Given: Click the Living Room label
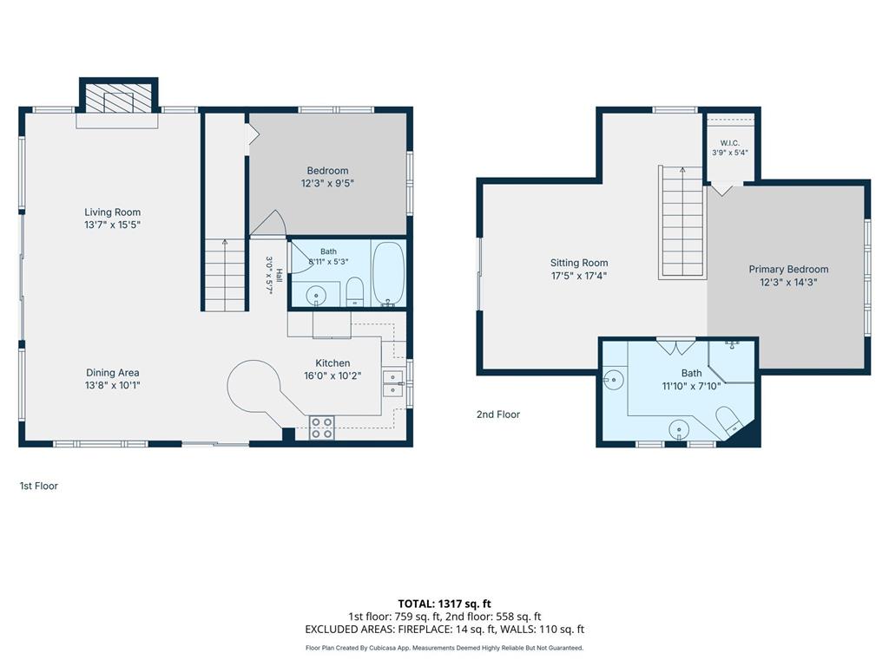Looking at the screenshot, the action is pos(112,212).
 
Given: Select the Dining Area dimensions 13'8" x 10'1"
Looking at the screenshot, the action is pos(112,386).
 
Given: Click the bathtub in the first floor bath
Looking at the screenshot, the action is pos(388,273).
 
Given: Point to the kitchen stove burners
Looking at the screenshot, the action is pos(321,428).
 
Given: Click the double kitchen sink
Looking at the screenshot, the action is pos(392,383).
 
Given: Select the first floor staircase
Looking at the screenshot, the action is pos(225,275).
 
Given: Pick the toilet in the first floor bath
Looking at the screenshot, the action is pos(354,291).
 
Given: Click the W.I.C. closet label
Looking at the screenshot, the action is pos(729,143).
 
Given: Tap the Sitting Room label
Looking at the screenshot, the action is pos(579,263).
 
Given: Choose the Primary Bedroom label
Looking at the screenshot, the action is pos(788,270).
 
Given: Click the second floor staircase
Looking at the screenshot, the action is pos(682,222).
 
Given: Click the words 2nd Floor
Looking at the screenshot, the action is pos(497,415).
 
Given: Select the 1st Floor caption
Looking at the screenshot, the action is pos(38,486).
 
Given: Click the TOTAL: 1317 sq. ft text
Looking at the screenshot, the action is pos(444,604).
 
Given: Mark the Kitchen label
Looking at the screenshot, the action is pos(333,363).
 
